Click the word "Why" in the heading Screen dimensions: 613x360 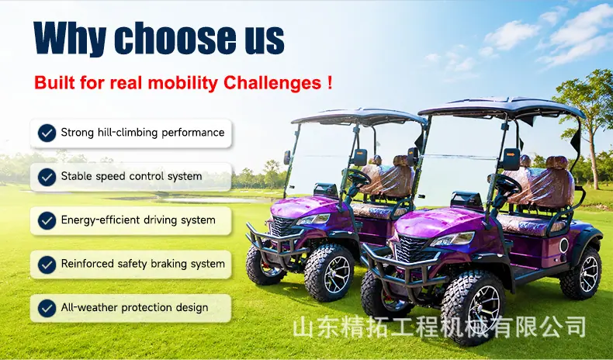(70, 38)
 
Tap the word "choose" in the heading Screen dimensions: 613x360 (175, 37)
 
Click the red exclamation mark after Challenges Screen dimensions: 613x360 (330, 82)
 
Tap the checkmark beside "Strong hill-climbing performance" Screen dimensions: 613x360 (47, 133)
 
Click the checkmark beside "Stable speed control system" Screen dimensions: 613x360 (47, 177)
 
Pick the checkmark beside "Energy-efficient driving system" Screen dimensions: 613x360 (47, 221)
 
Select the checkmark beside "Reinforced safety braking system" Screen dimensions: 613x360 (47, 265)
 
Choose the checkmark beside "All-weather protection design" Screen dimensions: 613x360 (47, 308)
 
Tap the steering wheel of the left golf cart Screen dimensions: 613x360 (358, 178)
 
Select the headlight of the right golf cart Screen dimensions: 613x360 (452, 239)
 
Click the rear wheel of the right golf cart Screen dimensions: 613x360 (581, 273)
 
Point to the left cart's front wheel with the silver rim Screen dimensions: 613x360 (330, 273)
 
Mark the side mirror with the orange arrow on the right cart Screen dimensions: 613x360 (511, 160)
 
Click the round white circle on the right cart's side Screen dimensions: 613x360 (563, 245)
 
